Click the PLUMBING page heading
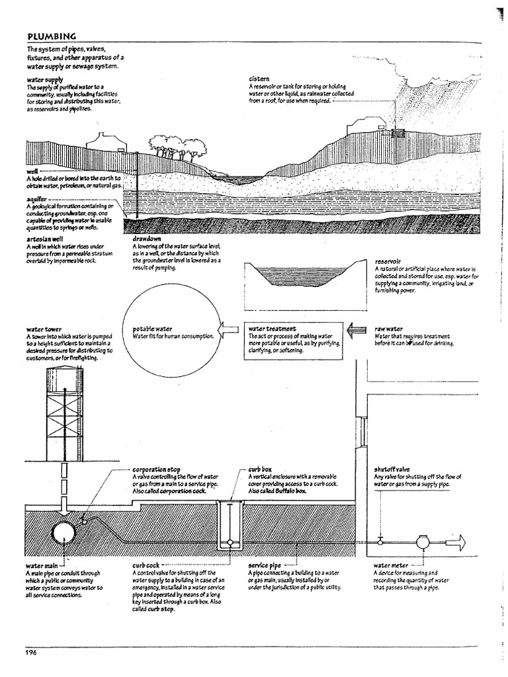pos(52,36)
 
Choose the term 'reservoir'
pos(389,262)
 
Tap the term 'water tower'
pos(44,329)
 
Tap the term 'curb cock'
pos(148,566)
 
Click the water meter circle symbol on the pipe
pos(422,541)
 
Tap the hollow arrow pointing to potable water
pos(228,328)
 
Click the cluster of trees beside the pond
pos(173,148)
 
